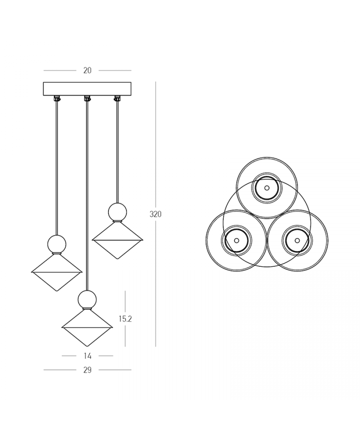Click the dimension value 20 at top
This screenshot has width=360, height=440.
click(87, 70)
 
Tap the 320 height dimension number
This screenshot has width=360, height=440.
click(156, 214)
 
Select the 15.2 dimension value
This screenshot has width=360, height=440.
click(125, 319)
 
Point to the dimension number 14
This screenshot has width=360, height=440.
click(88, 356)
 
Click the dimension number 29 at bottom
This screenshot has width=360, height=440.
click(87, 370)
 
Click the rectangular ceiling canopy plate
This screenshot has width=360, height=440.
click(87, 89)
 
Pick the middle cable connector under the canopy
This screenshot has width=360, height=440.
click(87, 98)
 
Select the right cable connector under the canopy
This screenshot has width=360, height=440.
click(117, 98)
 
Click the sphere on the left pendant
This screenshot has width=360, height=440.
click(57, 244)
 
